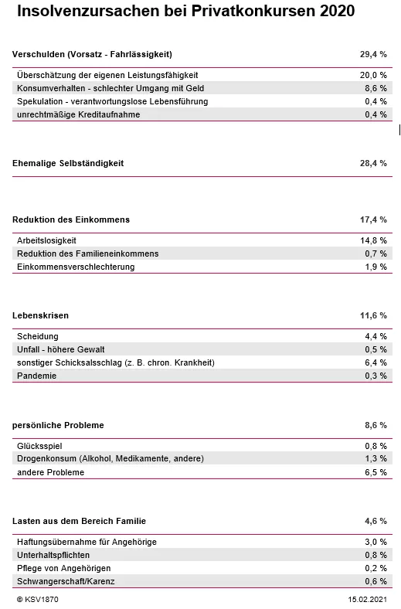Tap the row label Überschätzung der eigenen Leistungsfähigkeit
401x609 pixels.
point(107,75)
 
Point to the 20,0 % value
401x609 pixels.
point(373,75)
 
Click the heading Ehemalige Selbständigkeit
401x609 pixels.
point(68,163)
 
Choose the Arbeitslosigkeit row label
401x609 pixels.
point(46,240)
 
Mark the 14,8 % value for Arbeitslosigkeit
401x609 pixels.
point(373,240)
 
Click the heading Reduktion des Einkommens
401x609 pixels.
point(71,219)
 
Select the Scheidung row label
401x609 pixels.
point(38,336)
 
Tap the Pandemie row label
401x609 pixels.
point(37,376)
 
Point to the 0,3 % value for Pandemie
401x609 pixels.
point(376,376)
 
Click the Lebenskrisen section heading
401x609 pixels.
point(40,315)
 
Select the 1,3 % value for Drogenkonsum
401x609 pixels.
point(376,459)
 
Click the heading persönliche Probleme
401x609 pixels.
point(58,425)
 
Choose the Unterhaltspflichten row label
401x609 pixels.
point(53,555)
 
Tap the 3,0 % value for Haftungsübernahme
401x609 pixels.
point(376,542)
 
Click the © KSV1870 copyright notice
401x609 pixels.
point(37,599)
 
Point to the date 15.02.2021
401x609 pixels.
point(367,599)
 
